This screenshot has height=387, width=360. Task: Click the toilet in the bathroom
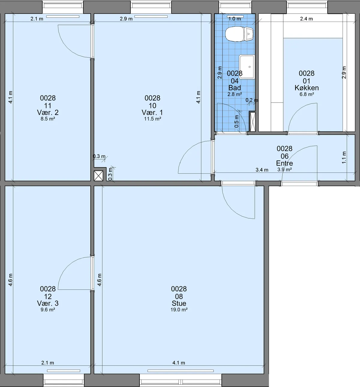(x=239, y=34)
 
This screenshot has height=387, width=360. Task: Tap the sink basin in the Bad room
(x=247, y=67)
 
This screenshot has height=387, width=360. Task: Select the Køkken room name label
(x=307, y=88)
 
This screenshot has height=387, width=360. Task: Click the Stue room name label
(x=179, y=303)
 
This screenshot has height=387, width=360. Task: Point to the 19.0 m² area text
(x=179, y=310)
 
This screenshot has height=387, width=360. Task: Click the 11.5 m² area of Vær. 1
(x=152, y=119)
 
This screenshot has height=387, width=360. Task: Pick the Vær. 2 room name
(x=48, y=112)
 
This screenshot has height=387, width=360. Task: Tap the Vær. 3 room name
(x=48, y=303)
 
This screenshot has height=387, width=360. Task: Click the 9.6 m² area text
(x=48, y=310)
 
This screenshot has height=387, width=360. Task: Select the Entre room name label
(x=285, y=163)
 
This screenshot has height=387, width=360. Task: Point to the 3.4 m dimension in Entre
(x=262, y=170)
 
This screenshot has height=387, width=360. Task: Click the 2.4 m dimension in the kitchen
(x=306, y=19)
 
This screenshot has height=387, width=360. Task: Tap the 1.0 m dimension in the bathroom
(x=235, y=19)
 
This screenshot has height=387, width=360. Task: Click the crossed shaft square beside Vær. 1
(x=98, y=176)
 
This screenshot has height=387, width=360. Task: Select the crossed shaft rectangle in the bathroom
(x=253, y=122)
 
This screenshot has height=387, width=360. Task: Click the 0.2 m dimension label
(x=252, y=100)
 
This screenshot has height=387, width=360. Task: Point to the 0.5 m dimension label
(x=236, y=121)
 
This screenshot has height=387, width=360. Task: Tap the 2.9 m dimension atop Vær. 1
(x=126, y=19)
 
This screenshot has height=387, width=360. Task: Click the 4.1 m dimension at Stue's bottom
(x=179, y=363)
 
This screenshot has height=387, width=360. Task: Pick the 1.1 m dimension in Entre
(x=344, y=157)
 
